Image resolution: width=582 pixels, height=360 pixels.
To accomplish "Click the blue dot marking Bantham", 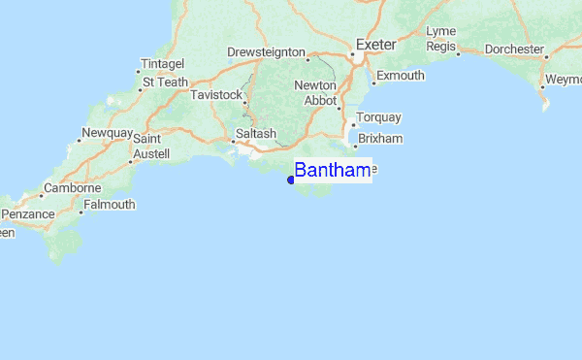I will tap(291, 179).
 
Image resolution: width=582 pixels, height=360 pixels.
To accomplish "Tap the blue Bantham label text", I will tap(332, 171).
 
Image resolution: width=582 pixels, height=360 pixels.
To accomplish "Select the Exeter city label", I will tap(376, 45).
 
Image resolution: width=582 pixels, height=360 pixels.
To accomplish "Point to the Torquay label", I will tap(378, 117).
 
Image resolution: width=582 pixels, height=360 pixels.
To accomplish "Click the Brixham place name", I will tap(380, 139).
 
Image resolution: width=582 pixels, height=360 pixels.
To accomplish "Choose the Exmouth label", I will tap(400, 75).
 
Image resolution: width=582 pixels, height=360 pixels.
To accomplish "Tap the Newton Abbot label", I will tap(314, 92).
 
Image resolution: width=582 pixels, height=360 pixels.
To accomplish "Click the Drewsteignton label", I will tap(266, 51).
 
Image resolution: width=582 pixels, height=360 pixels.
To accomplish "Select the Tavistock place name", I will tap(214, 95).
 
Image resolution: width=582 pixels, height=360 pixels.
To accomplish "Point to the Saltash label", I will tap(256, 133).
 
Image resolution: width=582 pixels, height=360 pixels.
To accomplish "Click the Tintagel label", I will tap(162, 64).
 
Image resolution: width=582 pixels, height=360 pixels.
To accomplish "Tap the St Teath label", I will tap(166, 82).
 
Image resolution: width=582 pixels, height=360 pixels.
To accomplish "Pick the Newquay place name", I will tap(107, 132).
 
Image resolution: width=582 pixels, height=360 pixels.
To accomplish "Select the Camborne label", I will tap(73, 187).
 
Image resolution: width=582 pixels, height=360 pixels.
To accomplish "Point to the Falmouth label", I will tap(110, 205).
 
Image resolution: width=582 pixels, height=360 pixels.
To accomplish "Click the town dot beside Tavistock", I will tap(242, 95).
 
